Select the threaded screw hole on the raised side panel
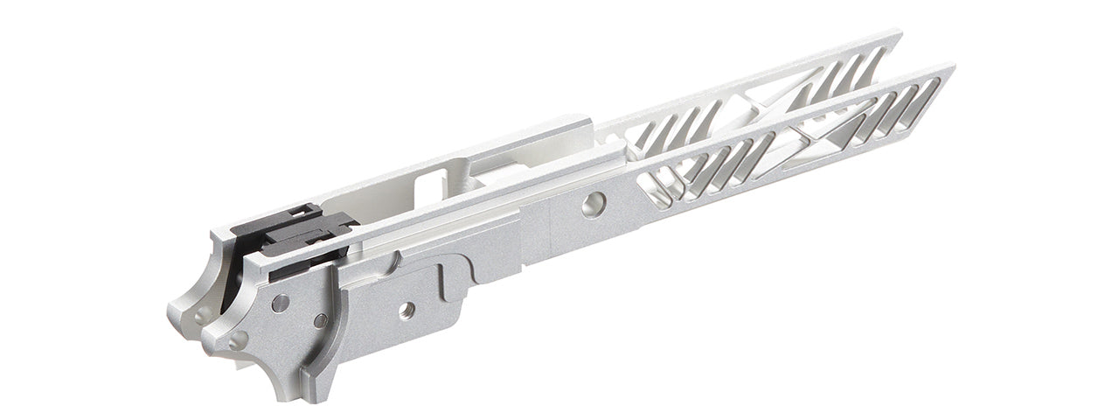[407, 310]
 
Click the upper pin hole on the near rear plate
[280, 304]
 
